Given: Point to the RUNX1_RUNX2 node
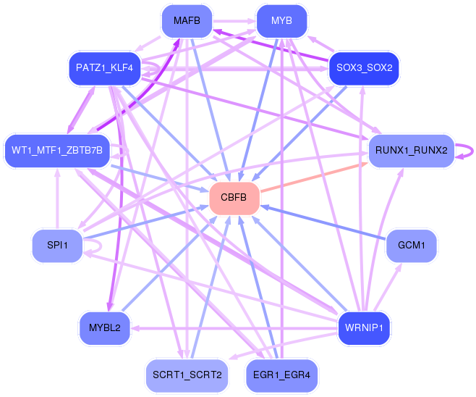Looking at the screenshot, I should click(x=410, y=151).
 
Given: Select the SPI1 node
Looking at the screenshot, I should click(x=57, y=246).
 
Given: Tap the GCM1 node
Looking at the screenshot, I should click(x=410, y=246).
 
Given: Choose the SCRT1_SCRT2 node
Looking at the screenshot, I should click(x=187, y=375).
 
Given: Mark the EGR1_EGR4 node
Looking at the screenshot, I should click(x=281, y=375).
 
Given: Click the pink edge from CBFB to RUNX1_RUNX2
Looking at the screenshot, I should click(x=311, y=178).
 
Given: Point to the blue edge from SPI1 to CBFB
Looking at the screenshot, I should click(x=145, y=222).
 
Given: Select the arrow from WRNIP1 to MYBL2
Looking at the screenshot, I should click(x=231, y=327).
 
